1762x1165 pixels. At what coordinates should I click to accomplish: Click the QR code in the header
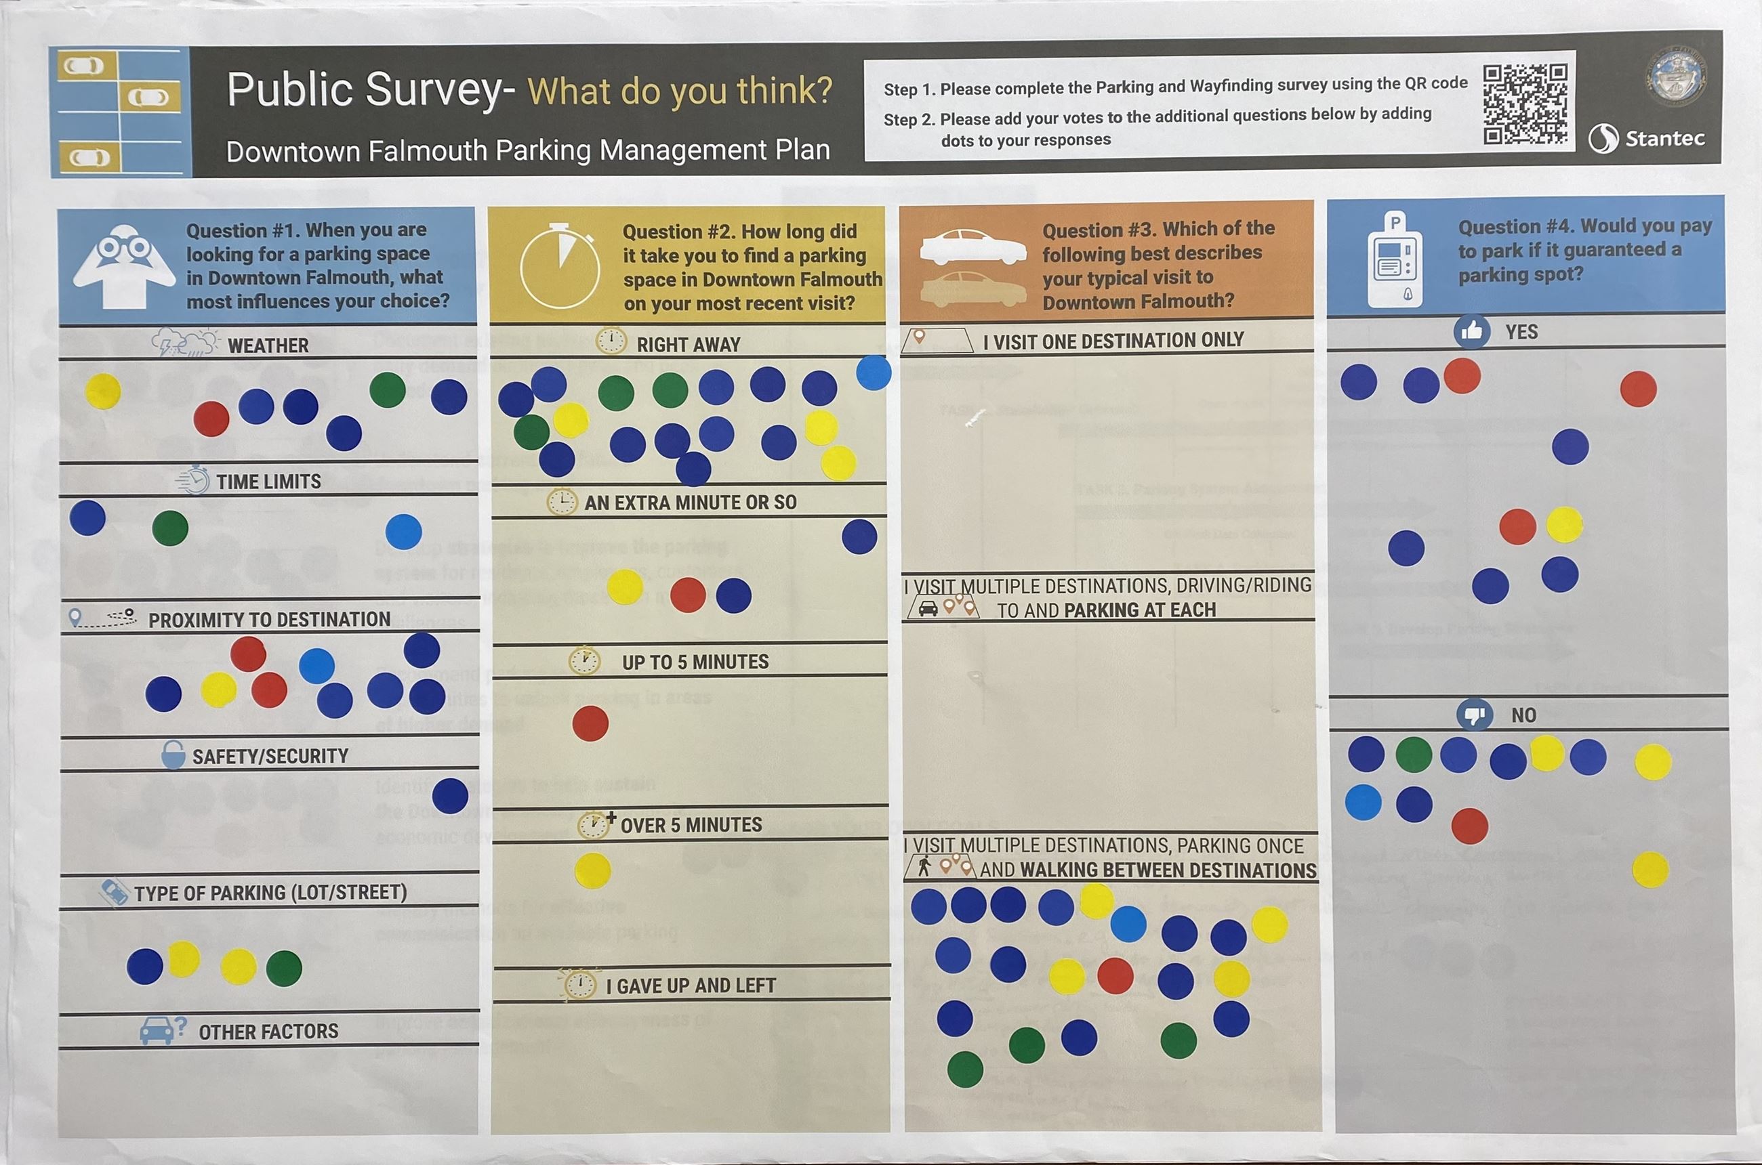point(1525,104)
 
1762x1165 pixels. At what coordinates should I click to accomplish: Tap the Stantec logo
point(1646,138)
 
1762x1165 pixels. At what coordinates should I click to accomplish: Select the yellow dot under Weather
point(102,391)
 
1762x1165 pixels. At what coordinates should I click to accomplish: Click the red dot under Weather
point(211,419)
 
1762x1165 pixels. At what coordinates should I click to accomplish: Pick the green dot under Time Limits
point(170,528)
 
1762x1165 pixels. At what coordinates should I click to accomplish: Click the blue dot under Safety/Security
point(450,796)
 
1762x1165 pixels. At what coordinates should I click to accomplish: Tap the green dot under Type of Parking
point(284,968)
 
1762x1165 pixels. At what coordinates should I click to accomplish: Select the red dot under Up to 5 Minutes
point(590,723)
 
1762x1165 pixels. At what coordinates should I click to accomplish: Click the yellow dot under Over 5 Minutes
point(592,871)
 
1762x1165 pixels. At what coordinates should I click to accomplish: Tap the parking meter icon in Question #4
point(1395,261)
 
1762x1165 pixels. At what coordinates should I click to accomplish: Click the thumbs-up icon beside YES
point(1471,331)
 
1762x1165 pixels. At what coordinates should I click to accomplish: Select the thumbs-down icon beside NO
point(1473,715)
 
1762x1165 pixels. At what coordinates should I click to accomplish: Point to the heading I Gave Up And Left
point(690,986)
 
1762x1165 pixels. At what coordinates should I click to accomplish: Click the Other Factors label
point(268,1032)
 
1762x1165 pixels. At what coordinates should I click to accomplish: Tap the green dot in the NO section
point(1413,755)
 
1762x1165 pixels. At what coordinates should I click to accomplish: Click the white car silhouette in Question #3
point(972,247)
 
